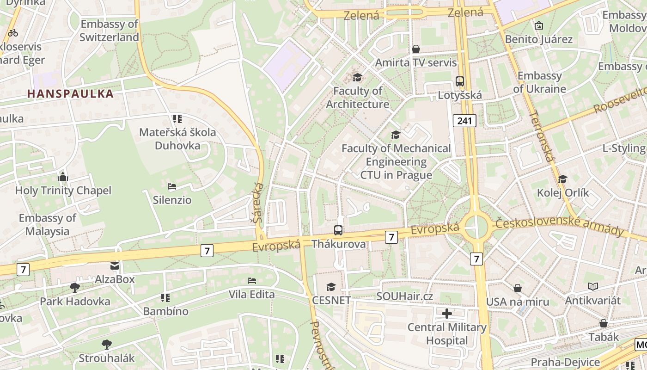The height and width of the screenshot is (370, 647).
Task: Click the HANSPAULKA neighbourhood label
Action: coord(70,94)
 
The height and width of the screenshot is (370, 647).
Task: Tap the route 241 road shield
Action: coord(464,121)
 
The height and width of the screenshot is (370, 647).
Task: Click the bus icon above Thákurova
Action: coord(338,230)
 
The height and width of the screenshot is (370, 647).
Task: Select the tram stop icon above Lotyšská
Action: coord(460,82)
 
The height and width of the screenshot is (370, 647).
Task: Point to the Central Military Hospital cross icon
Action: coord(447,314)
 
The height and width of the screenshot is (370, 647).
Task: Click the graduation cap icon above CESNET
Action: coord(331,287)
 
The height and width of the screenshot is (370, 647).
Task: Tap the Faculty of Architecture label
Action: coord(358,97)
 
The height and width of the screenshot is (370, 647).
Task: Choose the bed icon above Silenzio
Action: coord(172,187)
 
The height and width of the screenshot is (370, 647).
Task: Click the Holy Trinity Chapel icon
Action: coord(63,177)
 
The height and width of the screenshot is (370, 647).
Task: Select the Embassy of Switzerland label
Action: coord(109,31)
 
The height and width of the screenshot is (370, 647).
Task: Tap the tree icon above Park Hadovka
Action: coord(74,288)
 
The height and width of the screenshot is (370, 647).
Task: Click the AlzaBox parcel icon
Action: coord(114,266)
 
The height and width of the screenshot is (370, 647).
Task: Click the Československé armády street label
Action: coord(559,227)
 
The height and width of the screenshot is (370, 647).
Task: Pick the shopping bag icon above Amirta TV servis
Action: coord(416,49)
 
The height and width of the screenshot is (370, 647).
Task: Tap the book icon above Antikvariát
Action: coord(593,287)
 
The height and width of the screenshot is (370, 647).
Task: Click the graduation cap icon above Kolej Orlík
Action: coord(562,179)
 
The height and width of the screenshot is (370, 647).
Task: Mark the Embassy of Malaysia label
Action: coord(47,224)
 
